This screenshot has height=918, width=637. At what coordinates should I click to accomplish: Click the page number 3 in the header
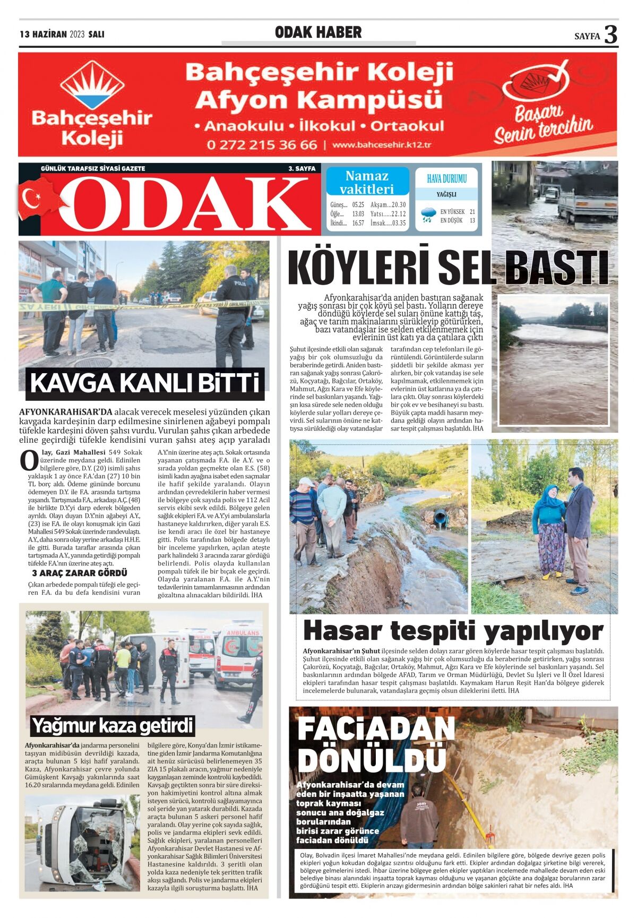(610, 35)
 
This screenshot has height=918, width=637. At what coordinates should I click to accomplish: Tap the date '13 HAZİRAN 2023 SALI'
(62, 35)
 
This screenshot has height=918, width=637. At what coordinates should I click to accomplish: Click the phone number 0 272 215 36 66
(262, 144)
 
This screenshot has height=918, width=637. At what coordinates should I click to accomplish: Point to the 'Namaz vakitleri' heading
(367, 182)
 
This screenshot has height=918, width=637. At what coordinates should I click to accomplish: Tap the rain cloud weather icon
(427, 215)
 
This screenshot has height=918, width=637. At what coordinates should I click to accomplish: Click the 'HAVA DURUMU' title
(446, 179)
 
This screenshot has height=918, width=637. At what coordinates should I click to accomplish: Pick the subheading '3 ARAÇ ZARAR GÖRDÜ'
(80, 573)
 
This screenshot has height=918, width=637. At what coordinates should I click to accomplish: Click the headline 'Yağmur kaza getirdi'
(113, 725)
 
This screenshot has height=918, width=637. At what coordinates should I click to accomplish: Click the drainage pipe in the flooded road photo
(441, 518)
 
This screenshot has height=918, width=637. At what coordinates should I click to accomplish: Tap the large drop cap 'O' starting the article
(29, 460)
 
